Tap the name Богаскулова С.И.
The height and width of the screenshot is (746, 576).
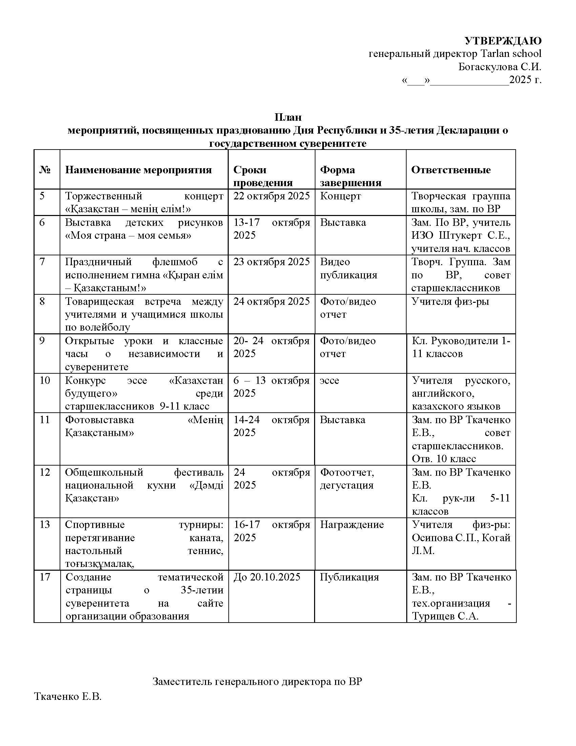click(x=499, y=66)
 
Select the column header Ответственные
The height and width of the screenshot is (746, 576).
click(x=451, y=170)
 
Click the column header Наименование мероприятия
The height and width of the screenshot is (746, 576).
click(x=138, y=170)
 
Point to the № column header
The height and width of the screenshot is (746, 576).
click(x=45, y=170)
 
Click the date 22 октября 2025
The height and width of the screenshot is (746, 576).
click(x=271, y=196)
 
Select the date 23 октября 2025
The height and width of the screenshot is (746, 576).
click(x=271, y=262)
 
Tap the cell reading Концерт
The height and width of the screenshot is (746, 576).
click(x=340, y=196)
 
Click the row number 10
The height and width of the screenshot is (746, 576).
click(x=45, y=380)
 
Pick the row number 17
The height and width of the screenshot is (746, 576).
click(x=45, y=577)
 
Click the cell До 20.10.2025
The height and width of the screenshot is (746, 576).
click(x=267, y=577)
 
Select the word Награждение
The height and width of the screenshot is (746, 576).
click(x=351, y=525)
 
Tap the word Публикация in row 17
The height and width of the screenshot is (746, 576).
click(x=349, y=577)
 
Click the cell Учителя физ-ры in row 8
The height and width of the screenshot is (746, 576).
click(x=450, y=301)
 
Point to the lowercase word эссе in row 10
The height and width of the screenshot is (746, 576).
click(x=329, y=380)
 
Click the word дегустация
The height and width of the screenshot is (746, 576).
click(x=346, y=485)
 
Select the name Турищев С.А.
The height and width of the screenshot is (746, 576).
click(x=445, y=616)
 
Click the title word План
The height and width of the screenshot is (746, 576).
click(x=288, y=117)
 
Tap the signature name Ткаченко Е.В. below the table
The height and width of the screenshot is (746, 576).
click(x=68, y=696)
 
